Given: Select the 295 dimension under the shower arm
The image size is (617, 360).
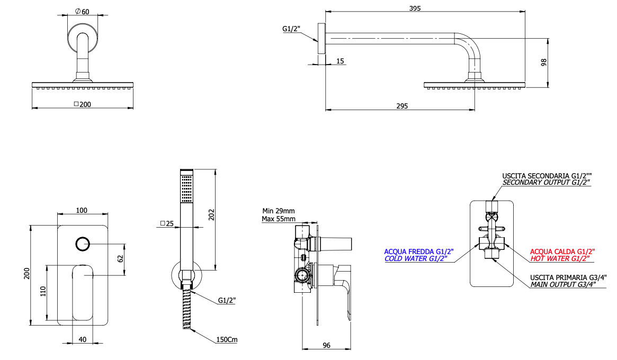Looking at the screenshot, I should click(401, 106).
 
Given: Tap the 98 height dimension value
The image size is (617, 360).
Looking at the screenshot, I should click(543, 62).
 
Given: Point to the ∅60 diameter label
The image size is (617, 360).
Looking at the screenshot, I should click(82, 11).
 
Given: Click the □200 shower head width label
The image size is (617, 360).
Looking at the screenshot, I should click(82, 104).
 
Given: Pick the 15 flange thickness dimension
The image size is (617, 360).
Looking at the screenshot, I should click(340, 61).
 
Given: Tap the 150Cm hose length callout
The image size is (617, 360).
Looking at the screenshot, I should click(226, 339).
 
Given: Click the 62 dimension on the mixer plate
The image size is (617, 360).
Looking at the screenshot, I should click(120, 259).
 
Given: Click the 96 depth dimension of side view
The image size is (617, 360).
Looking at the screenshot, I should click(326, 345).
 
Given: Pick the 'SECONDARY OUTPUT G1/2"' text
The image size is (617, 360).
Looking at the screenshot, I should click(546, 182).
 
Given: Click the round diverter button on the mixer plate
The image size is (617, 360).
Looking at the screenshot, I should click(83, 244).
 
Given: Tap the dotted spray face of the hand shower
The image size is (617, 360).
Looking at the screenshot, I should click(186, 190).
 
